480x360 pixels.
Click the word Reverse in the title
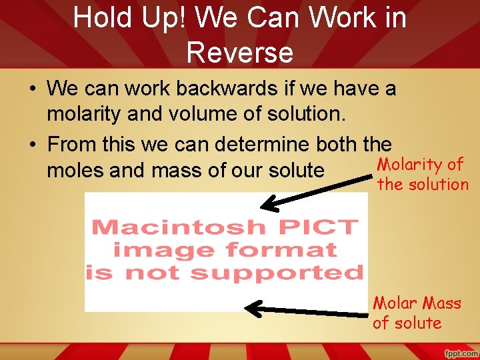pyautogui.click(x=240, y=52)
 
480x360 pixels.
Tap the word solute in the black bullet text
pyautogui.click(x=293, y=171)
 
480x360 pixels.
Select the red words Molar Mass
pyautogui.click(x=417, y=303)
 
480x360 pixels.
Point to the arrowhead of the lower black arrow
pyautogui.click(x=252, y=308)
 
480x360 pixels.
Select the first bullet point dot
pyautogui.click(x=33, y=89)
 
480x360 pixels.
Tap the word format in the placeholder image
pyautogui.click(x=291, y=250)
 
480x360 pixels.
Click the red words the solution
pyautogui.click(x=423, y=184)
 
